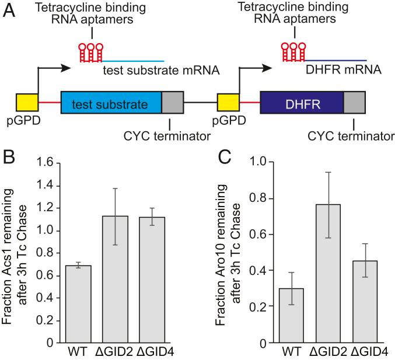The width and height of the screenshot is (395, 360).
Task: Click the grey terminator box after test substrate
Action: point(172,105)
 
